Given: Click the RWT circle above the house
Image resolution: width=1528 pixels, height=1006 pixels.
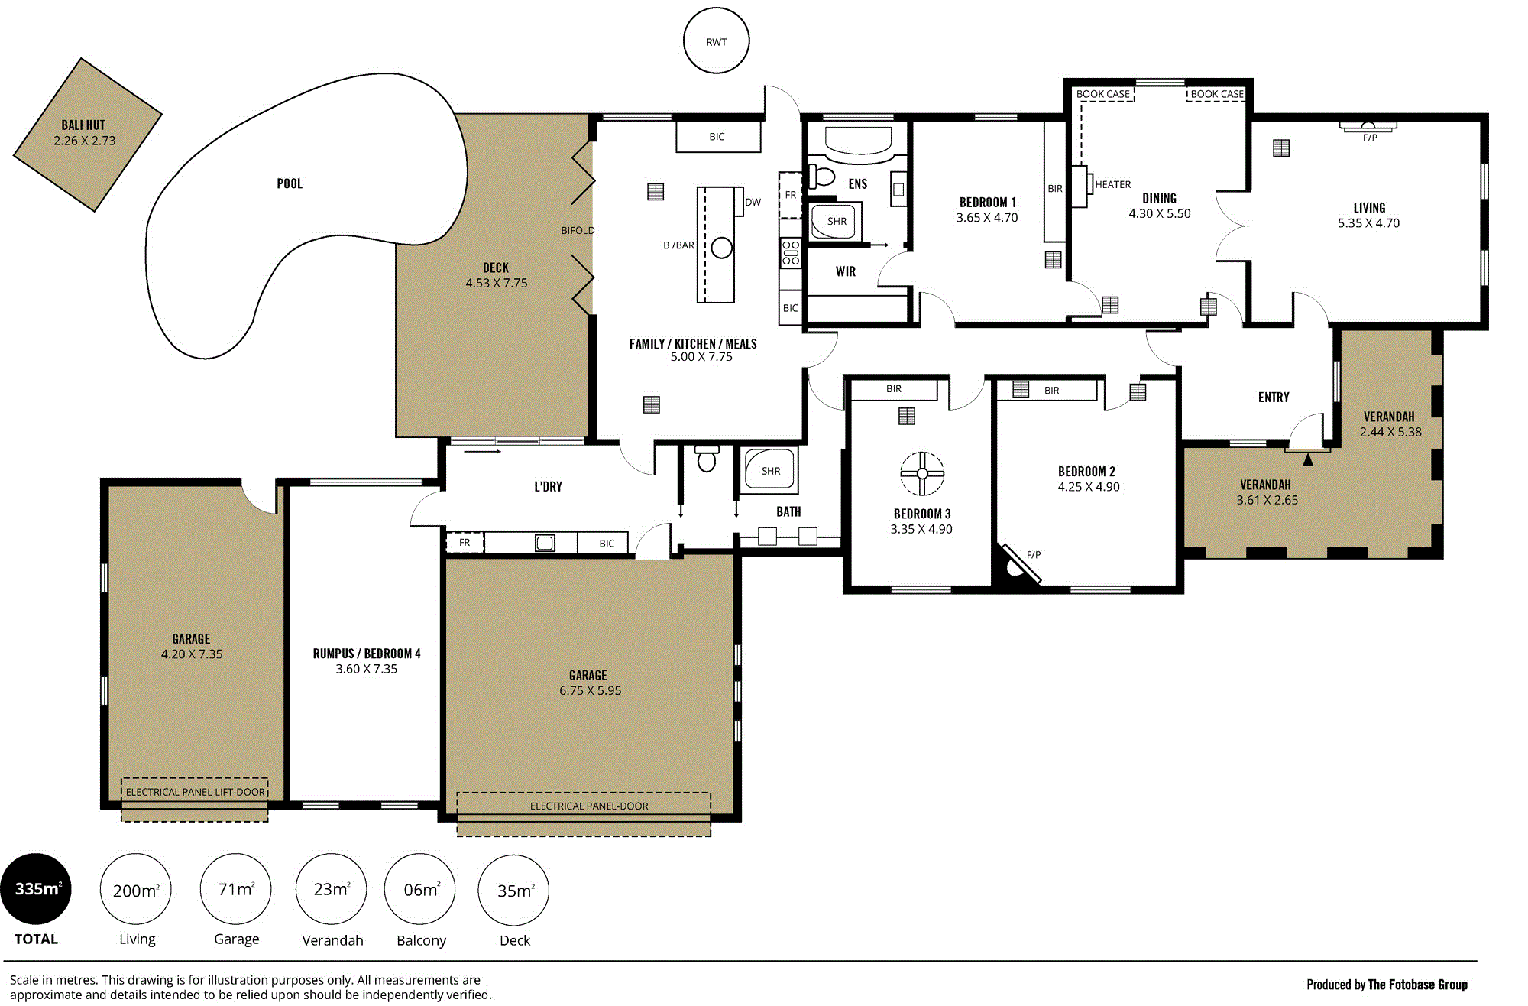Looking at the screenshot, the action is click(x=716, y=41).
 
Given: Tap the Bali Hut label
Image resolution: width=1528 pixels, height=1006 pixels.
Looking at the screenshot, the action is click(x=83, y=125).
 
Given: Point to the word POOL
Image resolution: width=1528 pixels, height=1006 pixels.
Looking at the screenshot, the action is click(x=290, y=183).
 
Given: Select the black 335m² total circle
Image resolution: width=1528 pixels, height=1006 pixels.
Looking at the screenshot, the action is click(x=36, y=889).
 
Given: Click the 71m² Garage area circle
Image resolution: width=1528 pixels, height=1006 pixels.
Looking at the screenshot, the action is click(x=235, y=889).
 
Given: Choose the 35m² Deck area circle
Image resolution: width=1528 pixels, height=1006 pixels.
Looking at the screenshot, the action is click(x=513, y=891).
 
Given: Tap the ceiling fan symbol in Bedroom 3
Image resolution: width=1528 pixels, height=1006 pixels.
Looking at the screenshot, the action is click(x=922, y=473).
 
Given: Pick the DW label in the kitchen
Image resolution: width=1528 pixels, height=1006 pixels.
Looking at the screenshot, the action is click(x=753, y=203).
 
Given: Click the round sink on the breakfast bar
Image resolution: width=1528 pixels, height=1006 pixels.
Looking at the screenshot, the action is click(x=721, y=248).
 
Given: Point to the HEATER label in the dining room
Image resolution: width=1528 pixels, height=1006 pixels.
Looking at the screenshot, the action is click(x=1112, y=184).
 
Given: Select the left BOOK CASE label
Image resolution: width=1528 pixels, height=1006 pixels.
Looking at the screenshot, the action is click(x=1102, y=94).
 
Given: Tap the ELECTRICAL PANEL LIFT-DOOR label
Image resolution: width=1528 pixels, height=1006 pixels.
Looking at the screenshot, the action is click(x=195, y=792).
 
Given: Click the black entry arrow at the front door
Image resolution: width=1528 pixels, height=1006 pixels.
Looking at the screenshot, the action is click(x=1308, y=459).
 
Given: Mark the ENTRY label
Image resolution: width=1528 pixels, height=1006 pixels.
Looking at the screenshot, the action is click(x=1274, y=398).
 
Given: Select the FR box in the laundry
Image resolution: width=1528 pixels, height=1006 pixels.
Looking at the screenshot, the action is click(x=465, y=543).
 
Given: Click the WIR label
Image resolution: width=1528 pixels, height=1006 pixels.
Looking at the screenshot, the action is click(x=845, y=271).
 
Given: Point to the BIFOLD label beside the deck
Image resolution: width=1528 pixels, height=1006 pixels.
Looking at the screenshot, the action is click(x=578, y=230).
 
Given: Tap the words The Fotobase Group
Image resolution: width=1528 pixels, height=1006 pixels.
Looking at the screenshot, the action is click(x=1417, y=985).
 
